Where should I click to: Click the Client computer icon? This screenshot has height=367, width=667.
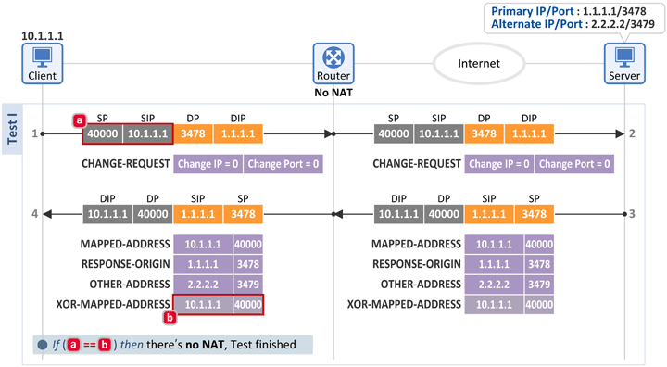point(43,63)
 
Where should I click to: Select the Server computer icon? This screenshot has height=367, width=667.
point(624,63)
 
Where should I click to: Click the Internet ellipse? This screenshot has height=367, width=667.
point(479,64)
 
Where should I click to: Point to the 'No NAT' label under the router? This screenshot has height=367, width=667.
point(333,93)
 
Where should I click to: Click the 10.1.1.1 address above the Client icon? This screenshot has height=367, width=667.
point(43,36)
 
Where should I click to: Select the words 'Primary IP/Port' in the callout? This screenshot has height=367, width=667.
point(533,11)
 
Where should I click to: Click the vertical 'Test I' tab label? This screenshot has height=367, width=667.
point(12,129)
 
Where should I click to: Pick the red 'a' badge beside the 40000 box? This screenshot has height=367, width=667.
point(79,120)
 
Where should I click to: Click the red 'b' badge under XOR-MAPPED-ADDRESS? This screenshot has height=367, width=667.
point(170,318)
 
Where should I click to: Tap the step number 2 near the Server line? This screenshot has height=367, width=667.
point(632,133)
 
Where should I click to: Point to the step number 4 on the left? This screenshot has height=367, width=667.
point(35,214)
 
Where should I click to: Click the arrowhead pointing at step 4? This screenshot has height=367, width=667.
point(47,214)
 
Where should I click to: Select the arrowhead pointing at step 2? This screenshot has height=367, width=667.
point(620,133)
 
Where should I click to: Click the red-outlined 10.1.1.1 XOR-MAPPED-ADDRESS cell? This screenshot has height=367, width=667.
point(203,304)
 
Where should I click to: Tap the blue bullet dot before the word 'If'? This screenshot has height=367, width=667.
point(42,345)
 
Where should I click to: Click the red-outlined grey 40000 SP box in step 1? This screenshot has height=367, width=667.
point(103,133)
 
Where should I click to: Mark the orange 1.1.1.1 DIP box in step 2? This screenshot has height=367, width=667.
point(529,133)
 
